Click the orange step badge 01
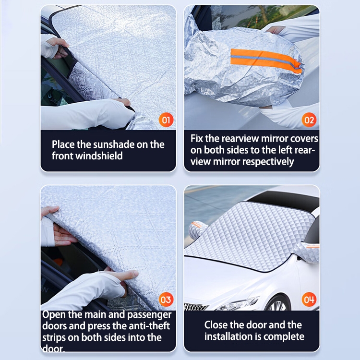click(166, 120)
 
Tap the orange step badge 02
click(309, 120)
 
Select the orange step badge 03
click(166, 300)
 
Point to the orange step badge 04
click(309, 300)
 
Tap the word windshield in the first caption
click(99, 156)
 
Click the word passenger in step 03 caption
click(149, 315)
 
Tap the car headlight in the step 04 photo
click(238, 303)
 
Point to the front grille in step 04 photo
click(196, 307)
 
